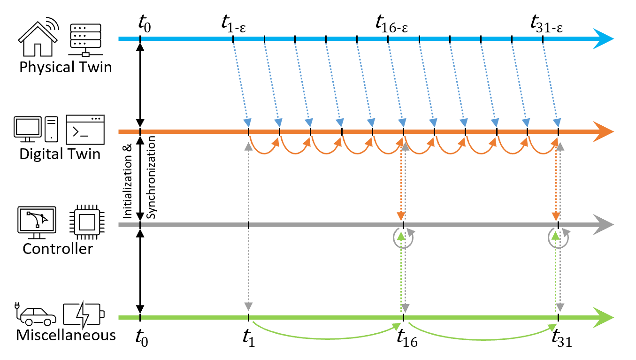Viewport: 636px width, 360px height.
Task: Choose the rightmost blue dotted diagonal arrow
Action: click(550, 82)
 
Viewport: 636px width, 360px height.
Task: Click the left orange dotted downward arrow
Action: click(401, 183)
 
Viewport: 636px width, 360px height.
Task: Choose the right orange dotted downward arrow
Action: click(556, 183)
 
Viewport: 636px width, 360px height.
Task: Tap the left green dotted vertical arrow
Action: click(401, 272)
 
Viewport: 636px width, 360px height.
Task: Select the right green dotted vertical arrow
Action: click(556, 272)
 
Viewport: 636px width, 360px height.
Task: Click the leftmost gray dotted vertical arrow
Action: click(248, 225)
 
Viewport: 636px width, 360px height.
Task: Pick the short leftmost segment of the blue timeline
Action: click(129, 38)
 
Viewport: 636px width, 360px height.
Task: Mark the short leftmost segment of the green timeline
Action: click(129, 317)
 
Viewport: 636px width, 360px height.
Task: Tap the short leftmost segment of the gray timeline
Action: click(129, 224)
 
